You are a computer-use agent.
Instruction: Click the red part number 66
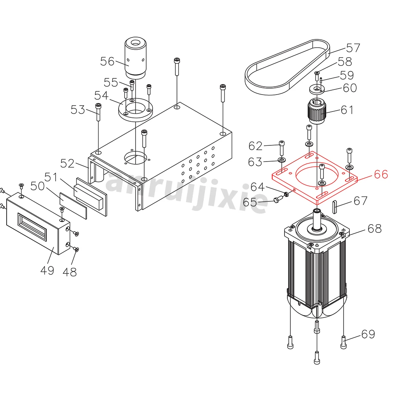click(x=381, y=174)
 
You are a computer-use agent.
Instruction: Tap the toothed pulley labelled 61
click(x=315, y=112)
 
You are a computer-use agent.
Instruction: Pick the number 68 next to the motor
click(x=374, y=228)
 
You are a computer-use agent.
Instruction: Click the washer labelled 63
click(x=282, y=160)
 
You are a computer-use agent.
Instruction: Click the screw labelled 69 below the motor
click(x=343, y=341)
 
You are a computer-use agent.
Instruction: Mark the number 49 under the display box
click(x=47, y=271)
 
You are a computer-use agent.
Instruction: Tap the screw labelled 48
click(x=76, y=249)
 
